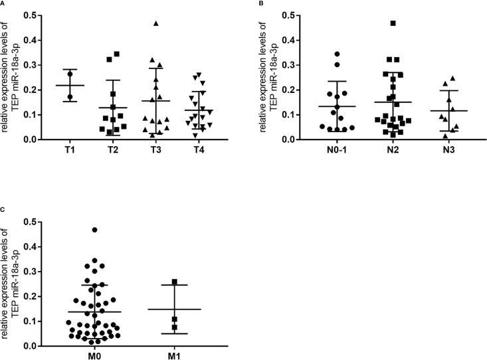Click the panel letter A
tap(3, 3)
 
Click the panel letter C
tap(3, 210)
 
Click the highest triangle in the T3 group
tap(156, 23)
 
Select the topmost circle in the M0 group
tap(94, 230)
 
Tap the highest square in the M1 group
tap(174, 282)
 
